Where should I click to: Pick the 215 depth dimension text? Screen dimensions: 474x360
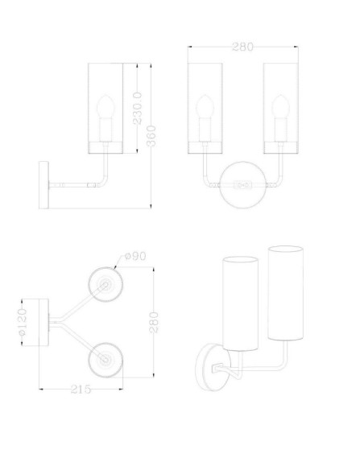click(x=79, y=389)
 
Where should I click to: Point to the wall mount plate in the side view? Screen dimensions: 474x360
click(x=43, y=184)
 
